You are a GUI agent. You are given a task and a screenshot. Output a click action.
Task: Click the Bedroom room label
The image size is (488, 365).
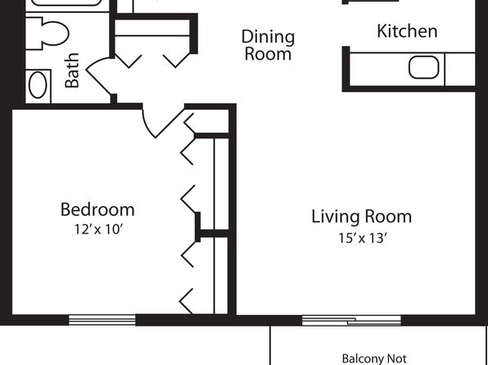pos(97,210)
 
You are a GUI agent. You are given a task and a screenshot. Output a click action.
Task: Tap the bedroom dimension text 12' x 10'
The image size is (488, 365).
pos(99,230)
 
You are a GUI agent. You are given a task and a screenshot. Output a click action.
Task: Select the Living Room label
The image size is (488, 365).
pos(362,217)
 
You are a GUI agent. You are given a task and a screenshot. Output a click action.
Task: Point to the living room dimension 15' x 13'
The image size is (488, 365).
pos(363,238)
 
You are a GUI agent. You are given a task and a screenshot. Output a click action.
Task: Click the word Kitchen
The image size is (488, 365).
pos(407,31)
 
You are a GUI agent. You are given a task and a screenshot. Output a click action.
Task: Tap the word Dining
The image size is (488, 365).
pos(268,38)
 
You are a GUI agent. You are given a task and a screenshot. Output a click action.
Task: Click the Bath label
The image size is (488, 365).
pos(72,70)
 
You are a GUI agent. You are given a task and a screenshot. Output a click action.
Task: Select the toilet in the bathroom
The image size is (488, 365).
pos(47,34)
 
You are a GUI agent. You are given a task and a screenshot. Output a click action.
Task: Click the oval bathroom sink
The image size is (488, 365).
pos(38,85)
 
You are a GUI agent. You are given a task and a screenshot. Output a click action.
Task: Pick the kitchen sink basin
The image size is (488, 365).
pos(423,67)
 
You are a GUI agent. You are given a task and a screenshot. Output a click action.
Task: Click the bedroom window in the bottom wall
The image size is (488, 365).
pos(102,320)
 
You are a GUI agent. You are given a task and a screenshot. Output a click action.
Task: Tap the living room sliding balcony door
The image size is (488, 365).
pos(351,321)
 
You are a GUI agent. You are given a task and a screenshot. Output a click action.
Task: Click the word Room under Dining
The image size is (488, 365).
pos(268,54)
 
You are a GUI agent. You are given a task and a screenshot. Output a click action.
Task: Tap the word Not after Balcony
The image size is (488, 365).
pos(397,358)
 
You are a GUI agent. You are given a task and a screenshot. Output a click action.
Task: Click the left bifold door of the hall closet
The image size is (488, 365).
pos(129,61)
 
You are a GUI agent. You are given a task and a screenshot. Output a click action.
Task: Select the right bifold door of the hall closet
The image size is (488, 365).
pos(176,61)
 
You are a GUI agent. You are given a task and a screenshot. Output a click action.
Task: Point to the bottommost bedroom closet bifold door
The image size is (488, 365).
pos(187,301)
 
